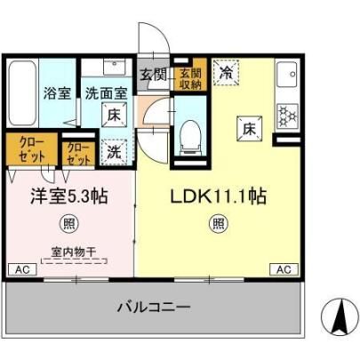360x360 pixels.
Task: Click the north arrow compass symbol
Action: (339, 318)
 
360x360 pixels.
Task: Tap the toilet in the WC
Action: (190, 137)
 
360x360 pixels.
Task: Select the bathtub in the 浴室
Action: (22, 93)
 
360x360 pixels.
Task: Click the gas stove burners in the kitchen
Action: (287, 114)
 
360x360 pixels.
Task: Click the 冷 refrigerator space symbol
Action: (226, 72)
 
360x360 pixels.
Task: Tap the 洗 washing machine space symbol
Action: (114, 152)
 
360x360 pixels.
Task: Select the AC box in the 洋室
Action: (22, 269)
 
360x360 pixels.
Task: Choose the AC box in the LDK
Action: (284, 269)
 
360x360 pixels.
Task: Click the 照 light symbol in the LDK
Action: (219, 223)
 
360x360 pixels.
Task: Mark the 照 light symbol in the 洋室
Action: (69, 223)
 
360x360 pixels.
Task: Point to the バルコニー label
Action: (154, 307)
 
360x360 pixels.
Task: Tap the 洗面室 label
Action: (107, 93)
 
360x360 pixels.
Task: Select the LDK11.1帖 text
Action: (219, 196)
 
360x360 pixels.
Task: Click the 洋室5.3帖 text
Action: (69, 196)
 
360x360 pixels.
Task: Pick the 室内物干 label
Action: (74, 252)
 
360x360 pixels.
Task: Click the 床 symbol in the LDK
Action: (249, 128)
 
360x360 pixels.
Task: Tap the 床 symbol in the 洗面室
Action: (114, 115)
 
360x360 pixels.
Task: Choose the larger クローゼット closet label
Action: (32, 149)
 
